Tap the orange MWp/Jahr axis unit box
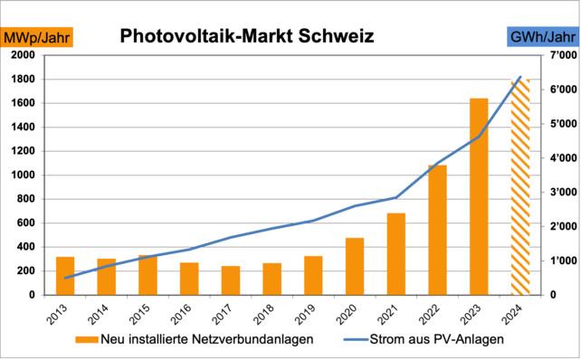click(38, 37)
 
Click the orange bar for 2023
click(479, 196)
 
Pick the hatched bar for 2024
click(520, 187)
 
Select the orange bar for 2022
click(437, 230)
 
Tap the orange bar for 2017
click(231, 280)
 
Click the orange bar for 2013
click(65, 276)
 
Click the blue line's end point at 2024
click(520, 77)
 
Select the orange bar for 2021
click(395, 254)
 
